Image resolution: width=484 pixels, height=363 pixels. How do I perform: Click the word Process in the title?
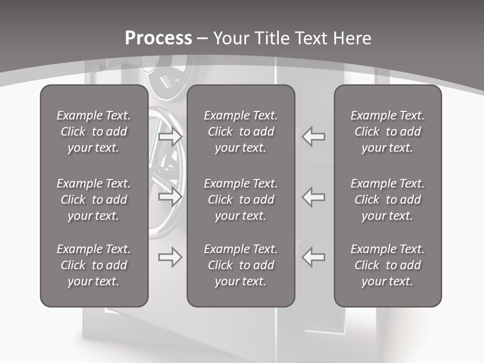click(x=158, y=38)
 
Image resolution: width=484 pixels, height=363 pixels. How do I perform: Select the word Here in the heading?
click(x=351, y=38)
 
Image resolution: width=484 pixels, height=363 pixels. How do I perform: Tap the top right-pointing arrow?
click(x=170, y=137)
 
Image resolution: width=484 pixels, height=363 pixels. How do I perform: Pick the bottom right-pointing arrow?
click(x=170, y=257)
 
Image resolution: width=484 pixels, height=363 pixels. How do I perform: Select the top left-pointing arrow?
click(x=314, y=137)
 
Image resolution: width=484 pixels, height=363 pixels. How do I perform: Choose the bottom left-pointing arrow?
click(x=314, y=257)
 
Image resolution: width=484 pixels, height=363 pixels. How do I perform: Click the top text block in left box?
click(x=94, y=132)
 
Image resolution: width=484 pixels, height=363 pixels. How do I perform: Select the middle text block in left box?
click(x=94, y=200)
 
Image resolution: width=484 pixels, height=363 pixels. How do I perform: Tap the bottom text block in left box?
click(x=94, y=265)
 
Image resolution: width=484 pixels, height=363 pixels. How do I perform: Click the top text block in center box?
click(x=241, y=132)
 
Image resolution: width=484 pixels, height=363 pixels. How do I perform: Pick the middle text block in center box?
click(x=241, y=200)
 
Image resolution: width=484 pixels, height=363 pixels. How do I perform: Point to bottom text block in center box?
click(x=241, y=265)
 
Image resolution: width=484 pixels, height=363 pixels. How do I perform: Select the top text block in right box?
click(x=388, y=132)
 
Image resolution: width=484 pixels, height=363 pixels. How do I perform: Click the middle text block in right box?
click(x=388, y=200)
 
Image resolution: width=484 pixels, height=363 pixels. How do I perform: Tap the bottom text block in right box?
click(x=388, y=265)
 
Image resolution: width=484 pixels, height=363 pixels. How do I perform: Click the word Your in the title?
click(x=232, y=38)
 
